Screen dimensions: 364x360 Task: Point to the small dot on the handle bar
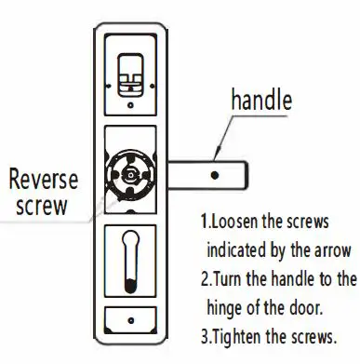pyautogui.click(x=216, y=174)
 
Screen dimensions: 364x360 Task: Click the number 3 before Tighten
pyautogui.click(x=204, y=335)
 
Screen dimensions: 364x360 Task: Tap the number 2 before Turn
pyautogui.click(x=204, y=278)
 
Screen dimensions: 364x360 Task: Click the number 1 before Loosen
pyautogui.click(x=204, y=223)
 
